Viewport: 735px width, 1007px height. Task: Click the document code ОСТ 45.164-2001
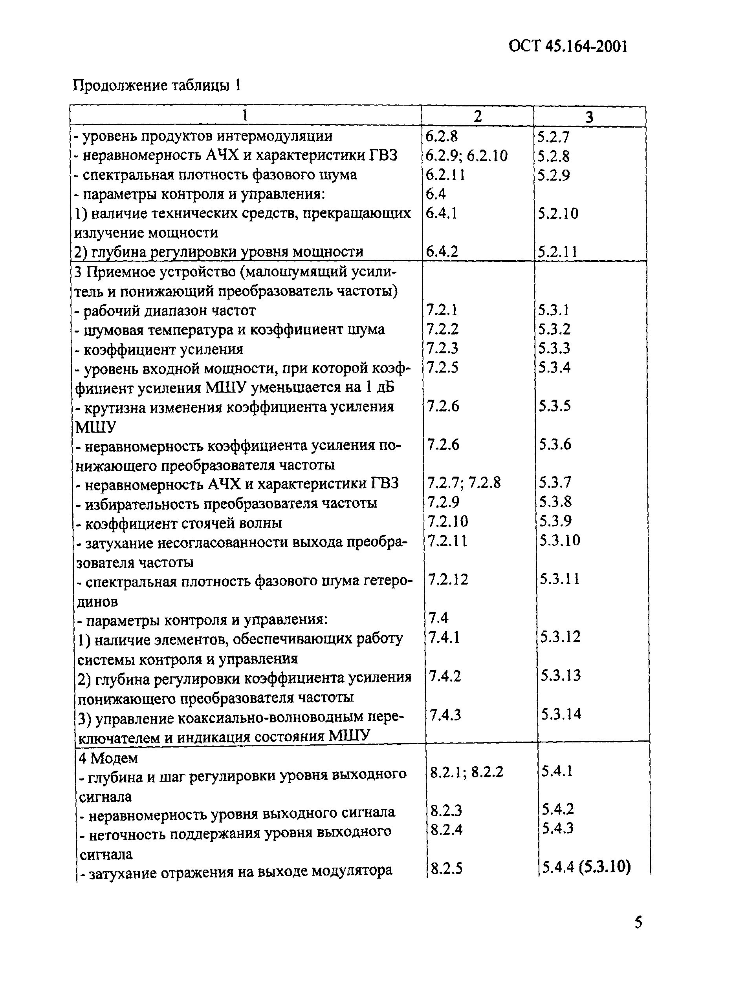pyautogui.click(x=568, y=46)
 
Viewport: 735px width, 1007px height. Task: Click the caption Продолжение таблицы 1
pyautogui.click(x=157, y=85)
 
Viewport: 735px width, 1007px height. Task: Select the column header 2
pyautogui.click(x=477, y=117)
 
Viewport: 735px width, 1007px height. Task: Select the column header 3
pyautogui.click(x=589, y=117)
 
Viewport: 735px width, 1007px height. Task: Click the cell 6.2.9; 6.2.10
pyautogui.click(x=466, y=155)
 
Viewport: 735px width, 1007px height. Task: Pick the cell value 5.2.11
pyautogui.click(x=557, y=252)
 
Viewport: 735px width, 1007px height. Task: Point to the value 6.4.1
pyautogui.click(x=442, y=214)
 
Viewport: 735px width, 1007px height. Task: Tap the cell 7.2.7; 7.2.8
pyautogui.click(x=464, y=483)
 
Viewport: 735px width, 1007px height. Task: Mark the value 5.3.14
pyautogui.click(x=561, y=715)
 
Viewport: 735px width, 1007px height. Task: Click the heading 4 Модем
pyautogui.click(x=108, y=758)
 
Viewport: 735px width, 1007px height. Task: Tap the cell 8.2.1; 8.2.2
pyautogui.click(x=467, y=773)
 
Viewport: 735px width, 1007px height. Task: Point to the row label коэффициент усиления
pyautogui.click(x=159, y=349)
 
